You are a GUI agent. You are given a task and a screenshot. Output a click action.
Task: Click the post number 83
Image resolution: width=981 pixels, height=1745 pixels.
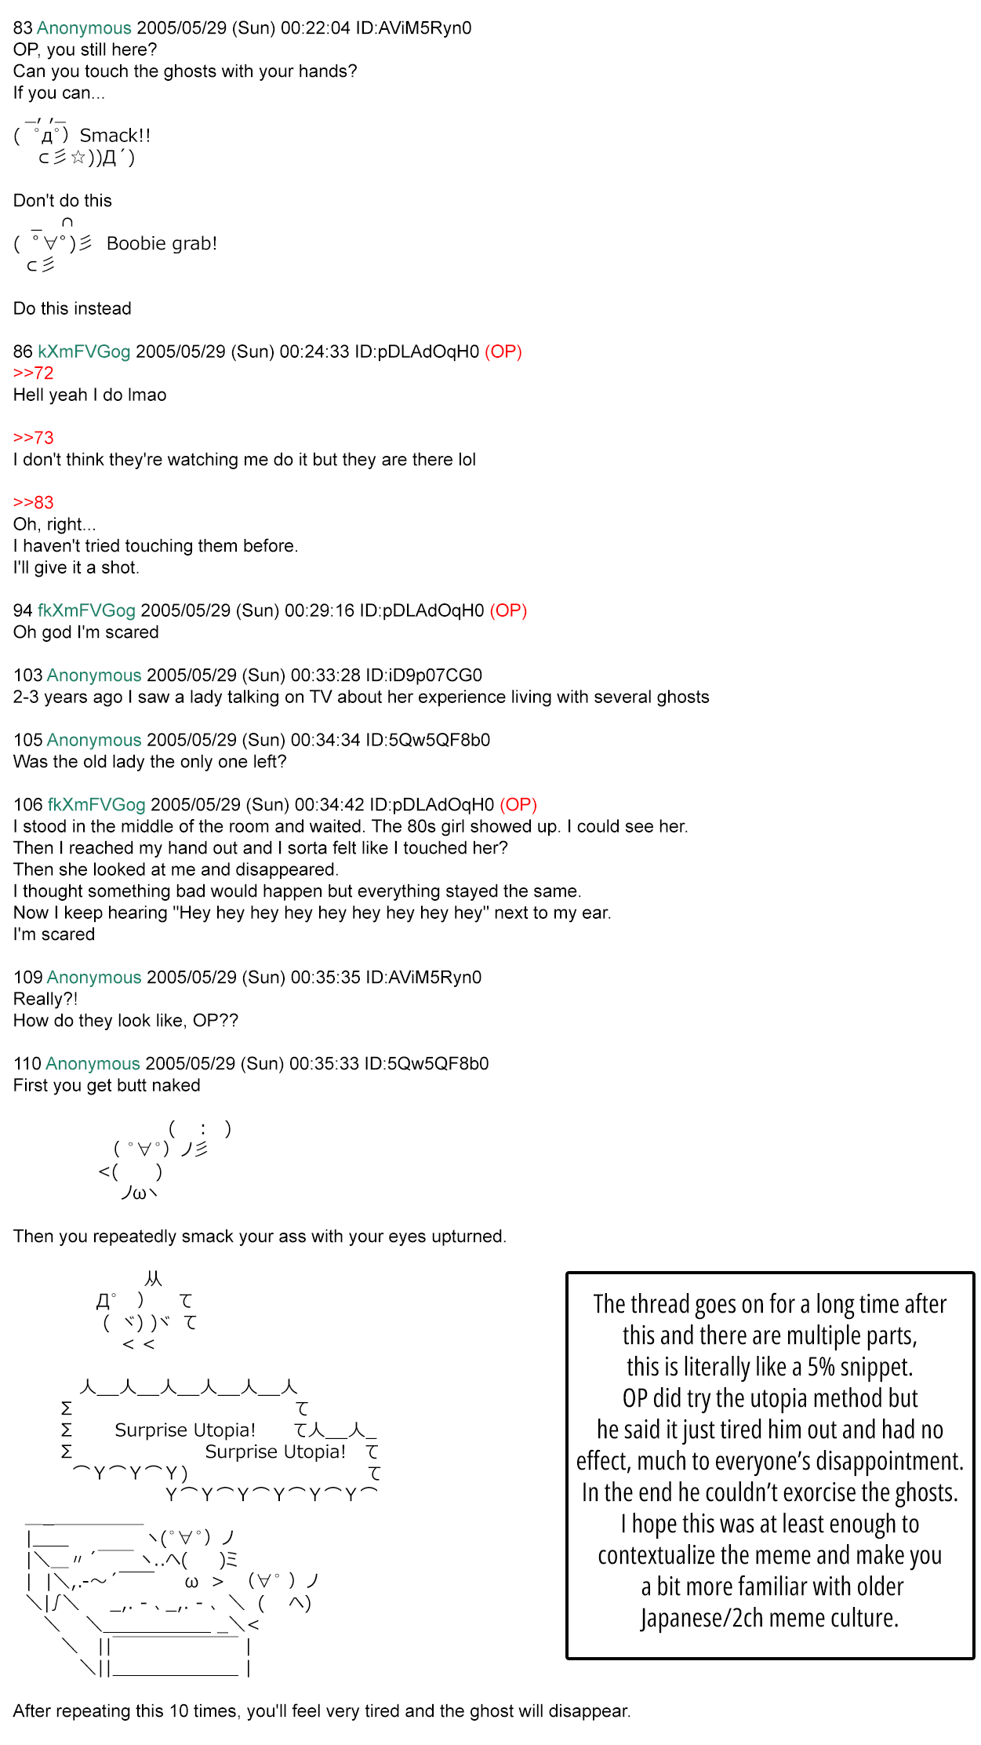pos(23,28)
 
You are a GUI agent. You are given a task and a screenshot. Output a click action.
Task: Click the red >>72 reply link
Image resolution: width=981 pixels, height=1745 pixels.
pos(33,373)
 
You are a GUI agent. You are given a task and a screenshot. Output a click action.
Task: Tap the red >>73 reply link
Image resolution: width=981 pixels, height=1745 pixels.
pos(33,438)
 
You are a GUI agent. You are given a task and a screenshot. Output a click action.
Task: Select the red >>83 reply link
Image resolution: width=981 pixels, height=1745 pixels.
pos(33,503)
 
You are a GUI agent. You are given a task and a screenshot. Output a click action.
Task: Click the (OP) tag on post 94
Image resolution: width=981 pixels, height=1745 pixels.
pos(508,610)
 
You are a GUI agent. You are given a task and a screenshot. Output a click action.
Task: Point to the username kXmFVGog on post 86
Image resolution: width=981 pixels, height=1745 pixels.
pos(84,352)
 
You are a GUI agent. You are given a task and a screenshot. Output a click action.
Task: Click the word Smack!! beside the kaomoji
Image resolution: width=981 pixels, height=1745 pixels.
pos(114,136)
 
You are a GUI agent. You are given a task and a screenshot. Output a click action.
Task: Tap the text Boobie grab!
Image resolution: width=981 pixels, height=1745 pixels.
pos(162,243)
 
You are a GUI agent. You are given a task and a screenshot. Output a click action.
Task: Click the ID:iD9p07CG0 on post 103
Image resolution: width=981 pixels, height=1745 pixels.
pos(423,676)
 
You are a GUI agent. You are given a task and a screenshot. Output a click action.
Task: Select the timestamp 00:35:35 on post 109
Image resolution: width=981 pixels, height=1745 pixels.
pos(325,978)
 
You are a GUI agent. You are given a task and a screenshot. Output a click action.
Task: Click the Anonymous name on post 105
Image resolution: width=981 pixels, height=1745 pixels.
pos(94,740)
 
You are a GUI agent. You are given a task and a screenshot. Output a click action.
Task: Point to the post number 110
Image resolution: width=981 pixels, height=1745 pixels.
pos(27,1064)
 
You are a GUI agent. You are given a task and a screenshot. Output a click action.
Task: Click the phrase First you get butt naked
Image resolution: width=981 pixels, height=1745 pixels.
pos(107,1085)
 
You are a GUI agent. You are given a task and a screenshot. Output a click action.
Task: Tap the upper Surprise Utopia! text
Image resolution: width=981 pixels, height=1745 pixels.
pos(185,1430)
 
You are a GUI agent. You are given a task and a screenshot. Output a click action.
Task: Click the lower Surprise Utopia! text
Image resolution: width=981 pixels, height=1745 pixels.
pos(275,1452)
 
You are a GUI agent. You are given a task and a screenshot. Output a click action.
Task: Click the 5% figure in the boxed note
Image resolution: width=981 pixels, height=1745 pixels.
pos(821,1367)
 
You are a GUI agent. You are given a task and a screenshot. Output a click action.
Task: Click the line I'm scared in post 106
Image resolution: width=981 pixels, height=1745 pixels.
pos(53,934)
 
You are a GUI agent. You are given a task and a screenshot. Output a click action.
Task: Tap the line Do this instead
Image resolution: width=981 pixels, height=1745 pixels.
pos(72,308)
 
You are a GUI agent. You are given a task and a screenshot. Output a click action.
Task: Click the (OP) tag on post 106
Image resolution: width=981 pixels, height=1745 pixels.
pos(518,805)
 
